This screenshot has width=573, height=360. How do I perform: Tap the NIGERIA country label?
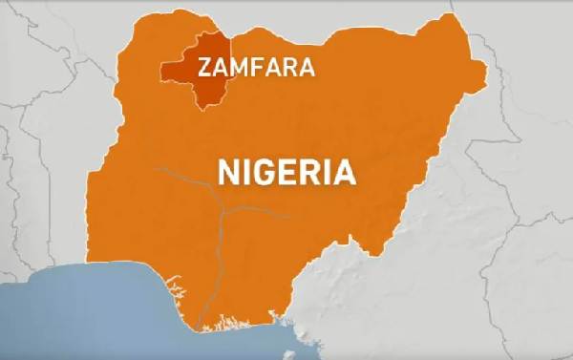point(287,173)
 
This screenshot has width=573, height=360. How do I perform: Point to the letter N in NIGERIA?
point(230,173)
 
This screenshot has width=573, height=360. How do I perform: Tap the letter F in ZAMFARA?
point(259,67)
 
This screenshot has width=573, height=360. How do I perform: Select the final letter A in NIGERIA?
point(344,173)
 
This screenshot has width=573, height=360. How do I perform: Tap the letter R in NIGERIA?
point(312,173)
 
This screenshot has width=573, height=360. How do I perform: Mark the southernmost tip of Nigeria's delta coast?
point(203,330)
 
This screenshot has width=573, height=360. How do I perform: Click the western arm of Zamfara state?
point(172,73)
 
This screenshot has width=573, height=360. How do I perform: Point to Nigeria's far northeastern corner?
point(468,29)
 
